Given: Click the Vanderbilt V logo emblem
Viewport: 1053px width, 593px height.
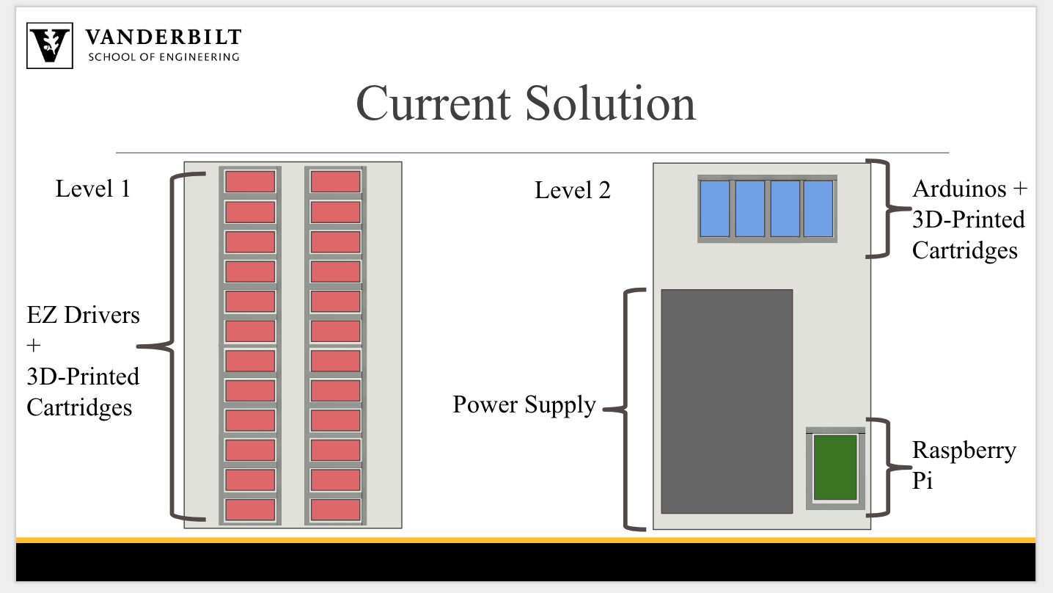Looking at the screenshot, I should [49, 46].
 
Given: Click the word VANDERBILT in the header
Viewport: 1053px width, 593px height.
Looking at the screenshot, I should [163, 37].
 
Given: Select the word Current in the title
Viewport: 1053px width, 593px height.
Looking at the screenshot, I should [433, 103].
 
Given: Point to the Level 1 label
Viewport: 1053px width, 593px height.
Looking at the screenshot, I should [92, 189].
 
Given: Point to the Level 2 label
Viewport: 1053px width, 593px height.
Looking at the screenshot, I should [572, 191].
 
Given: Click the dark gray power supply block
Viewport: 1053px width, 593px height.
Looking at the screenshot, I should [726, 401].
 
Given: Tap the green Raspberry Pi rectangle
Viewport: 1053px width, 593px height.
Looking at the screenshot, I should [835, 467].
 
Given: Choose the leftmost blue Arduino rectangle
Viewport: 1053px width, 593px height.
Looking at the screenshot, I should [714, 208].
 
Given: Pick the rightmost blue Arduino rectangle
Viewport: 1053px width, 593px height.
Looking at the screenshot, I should [818, 208].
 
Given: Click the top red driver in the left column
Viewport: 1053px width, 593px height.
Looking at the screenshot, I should [249, 181].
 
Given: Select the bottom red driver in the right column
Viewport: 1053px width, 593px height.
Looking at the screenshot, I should [335, 509].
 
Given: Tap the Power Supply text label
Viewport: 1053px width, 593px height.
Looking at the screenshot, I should [524, 404].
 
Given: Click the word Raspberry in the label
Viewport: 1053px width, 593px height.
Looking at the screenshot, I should [964, 450].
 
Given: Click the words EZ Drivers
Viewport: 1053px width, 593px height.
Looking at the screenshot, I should [83, 315].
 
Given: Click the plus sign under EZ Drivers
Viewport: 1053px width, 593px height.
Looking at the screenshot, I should [34, 346].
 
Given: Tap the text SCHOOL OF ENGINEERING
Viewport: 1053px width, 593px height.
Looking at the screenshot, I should [163, 57].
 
